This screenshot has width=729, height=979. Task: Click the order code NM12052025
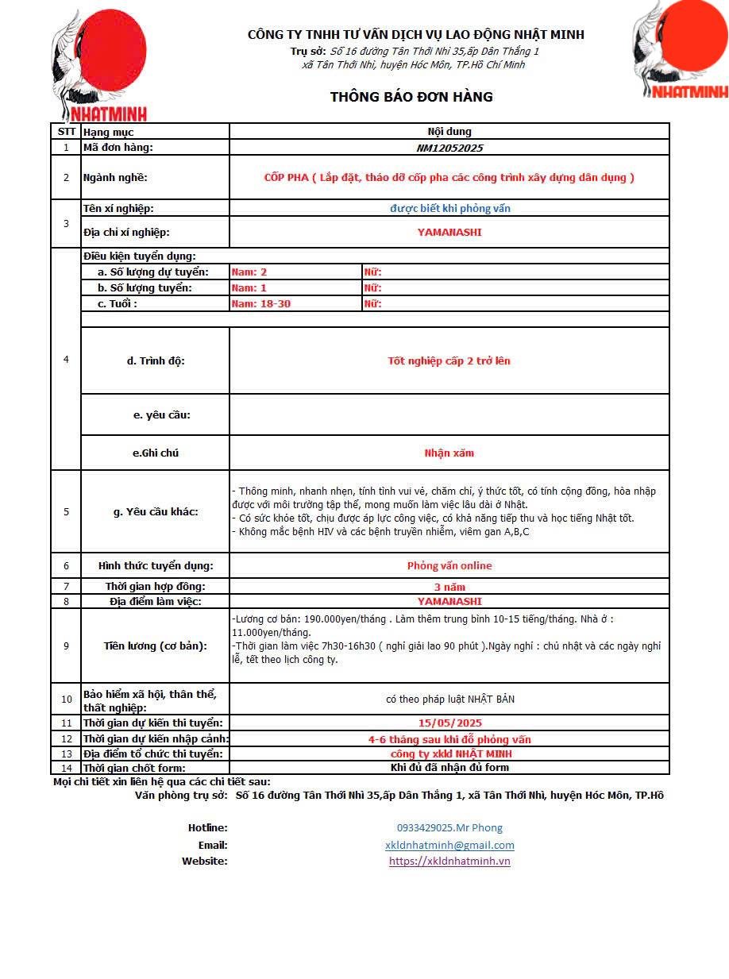point(449,148)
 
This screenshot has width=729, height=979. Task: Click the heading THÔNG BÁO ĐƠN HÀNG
point(411,97)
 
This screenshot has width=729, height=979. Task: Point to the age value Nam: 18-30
point(260,303)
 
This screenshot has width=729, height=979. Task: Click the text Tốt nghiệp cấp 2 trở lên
point(449,360)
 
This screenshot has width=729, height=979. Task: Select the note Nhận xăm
point(449,453)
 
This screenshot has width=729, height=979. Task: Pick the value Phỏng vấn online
point(449,566)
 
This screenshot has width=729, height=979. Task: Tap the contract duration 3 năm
point(449,587)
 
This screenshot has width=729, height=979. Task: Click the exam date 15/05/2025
point(449,723)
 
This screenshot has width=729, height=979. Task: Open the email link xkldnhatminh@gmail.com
point(449,846)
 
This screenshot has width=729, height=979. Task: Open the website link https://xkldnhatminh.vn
point(449,861)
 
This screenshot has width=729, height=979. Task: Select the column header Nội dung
point(449,132)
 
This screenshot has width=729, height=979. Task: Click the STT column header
point(66,132)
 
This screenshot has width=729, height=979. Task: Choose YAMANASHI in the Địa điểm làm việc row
point(449,601)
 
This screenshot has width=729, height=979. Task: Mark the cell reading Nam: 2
point(249,272)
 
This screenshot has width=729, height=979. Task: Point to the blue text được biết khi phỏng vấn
point(449,208)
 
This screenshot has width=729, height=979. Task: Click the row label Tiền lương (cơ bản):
point(155,646)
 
